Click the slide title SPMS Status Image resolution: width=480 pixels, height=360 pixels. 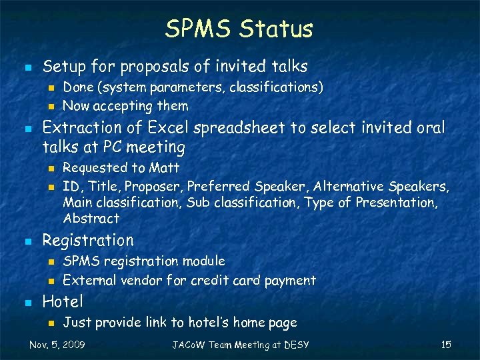(x=239, y=29)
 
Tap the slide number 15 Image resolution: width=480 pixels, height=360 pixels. (x=446, y=345)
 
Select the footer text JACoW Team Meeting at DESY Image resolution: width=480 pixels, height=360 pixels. (x=241, y=345)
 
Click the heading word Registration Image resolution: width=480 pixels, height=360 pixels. (x=88, y=240)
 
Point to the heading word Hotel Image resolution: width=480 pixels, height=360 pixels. (x=63, y=302)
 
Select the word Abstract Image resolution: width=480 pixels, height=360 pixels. (x=91, y=218)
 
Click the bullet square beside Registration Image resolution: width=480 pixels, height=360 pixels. (x=26, y=241)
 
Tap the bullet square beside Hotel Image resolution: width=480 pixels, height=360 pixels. (x=26, y=303)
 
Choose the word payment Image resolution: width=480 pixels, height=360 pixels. (x=290, y=280)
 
